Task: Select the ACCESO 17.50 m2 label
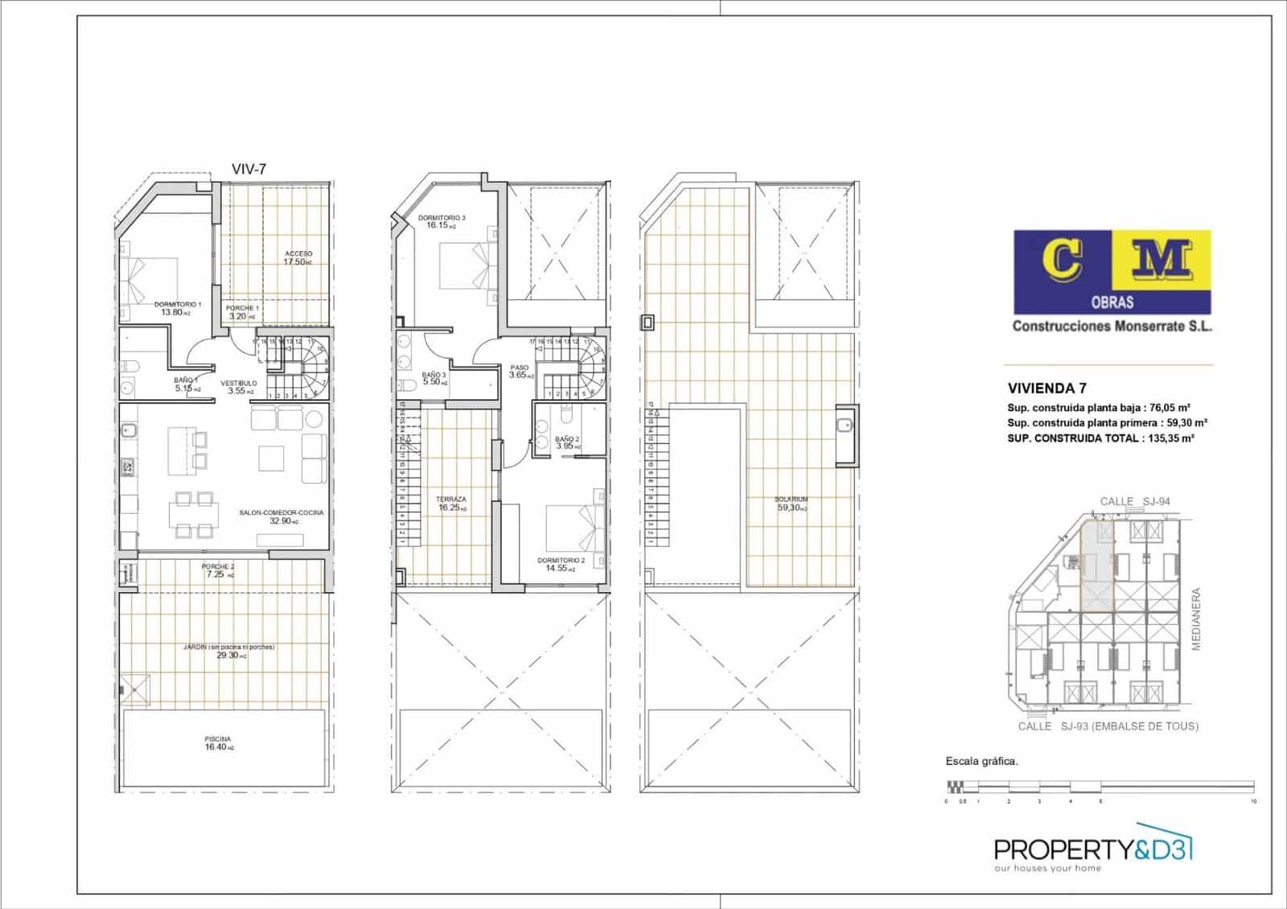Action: (x=298, y=257)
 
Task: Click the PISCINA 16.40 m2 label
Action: (x=218, y=743)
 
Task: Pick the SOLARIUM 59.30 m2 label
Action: (x=792, y=504)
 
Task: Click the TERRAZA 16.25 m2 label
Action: (x=451, y=504)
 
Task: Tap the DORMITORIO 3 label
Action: (x=441, y=221)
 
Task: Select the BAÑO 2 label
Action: (x=567, y=442)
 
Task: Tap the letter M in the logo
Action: (x=1162, y=259)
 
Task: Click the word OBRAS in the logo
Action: (x=1112, y=302)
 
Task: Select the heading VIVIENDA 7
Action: (x=1046, y=388)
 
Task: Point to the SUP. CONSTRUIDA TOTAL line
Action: (x=1100, y=438)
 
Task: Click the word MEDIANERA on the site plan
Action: (x=1196, y=619)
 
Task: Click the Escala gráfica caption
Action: (x=981, y=761)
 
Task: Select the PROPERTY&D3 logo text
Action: (x=1092, y=849)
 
